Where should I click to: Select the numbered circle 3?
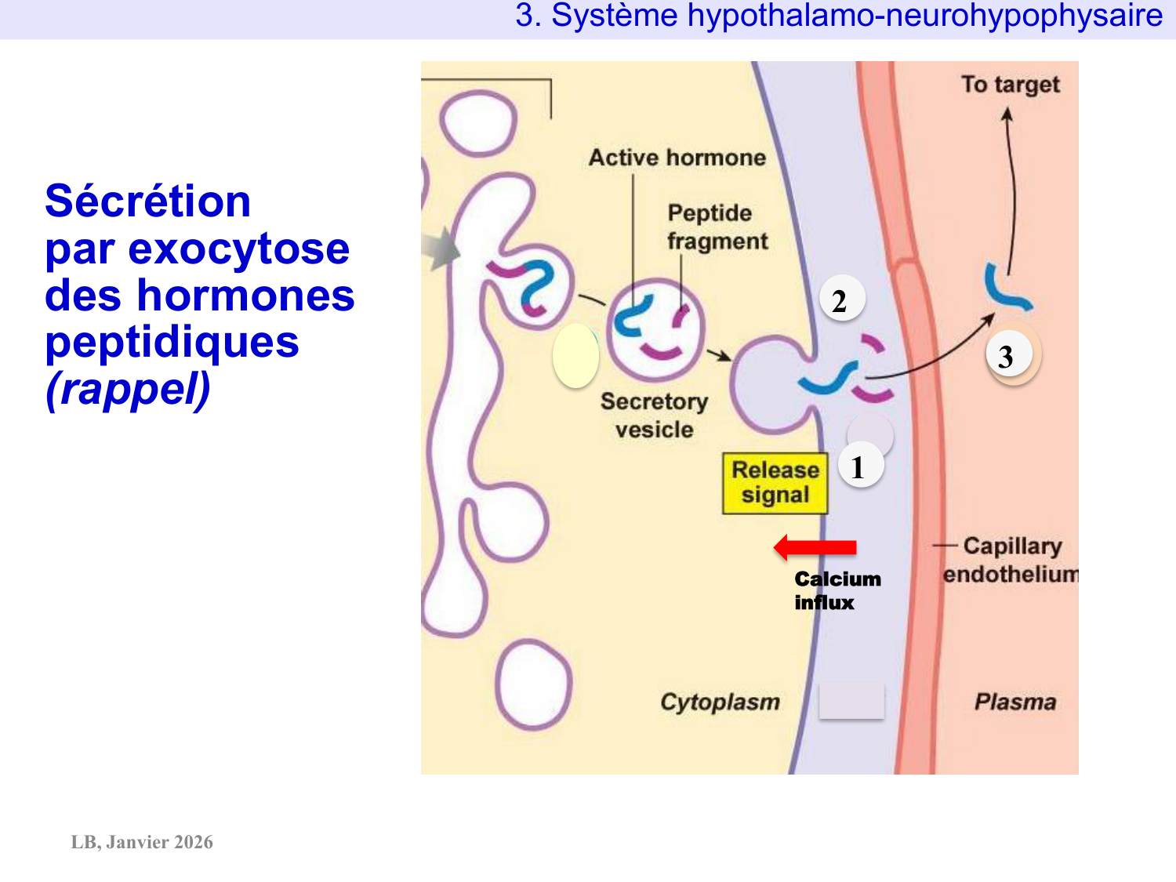(1008, 355)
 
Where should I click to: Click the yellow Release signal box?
(775, 483)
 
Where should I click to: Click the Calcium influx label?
(837, 590)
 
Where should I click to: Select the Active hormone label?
(677, 158)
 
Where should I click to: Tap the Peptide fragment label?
(716, 227)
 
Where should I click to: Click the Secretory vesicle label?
(654, 416)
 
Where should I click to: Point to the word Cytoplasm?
(720, 702)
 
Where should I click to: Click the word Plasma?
(1015, 702)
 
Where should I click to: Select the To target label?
(1011, 84)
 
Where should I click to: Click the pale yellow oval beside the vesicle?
(576, 355)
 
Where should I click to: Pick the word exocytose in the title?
(238, 249)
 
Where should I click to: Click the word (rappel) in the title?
(128, 389)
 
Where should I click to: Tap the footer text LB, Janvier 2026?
(142, 842)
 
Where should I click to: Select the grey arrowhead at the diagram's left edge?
(441, 249)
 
